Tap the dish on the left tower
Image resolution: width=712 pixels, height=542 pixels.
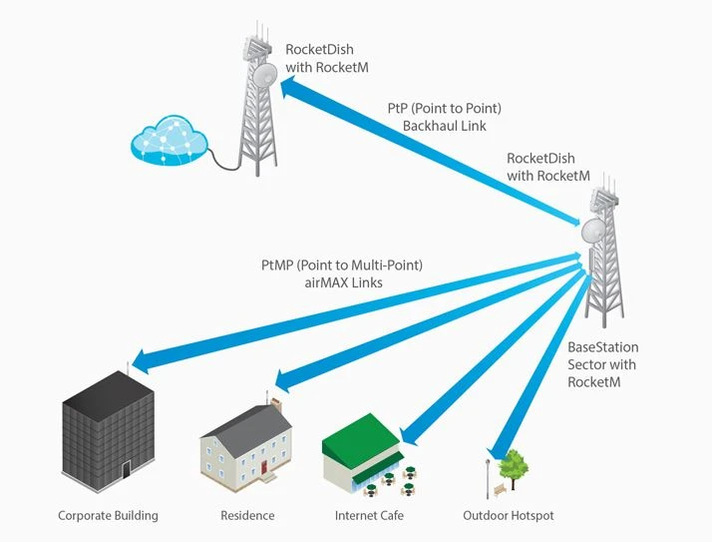(265, 75)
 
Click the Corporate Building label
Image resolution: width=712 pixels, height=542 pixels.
(108, 516)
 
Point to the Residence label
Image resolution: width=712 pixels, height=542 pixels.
(247, 516)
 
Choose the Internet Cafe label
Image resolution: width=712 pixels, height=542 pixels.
(370, 516)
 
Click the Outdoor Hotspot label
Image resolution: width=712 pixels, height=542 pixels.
(508, 516)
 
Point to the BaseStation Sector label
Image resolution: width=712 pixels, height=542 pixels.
(601, 355)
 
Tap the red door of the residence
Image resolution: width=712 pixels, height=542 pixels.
(264, 466)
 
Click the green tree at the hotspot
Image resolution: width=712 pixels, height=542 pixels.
(514, 465)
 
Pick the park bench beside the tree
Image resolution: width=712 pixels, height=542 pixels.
(499, 490)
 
